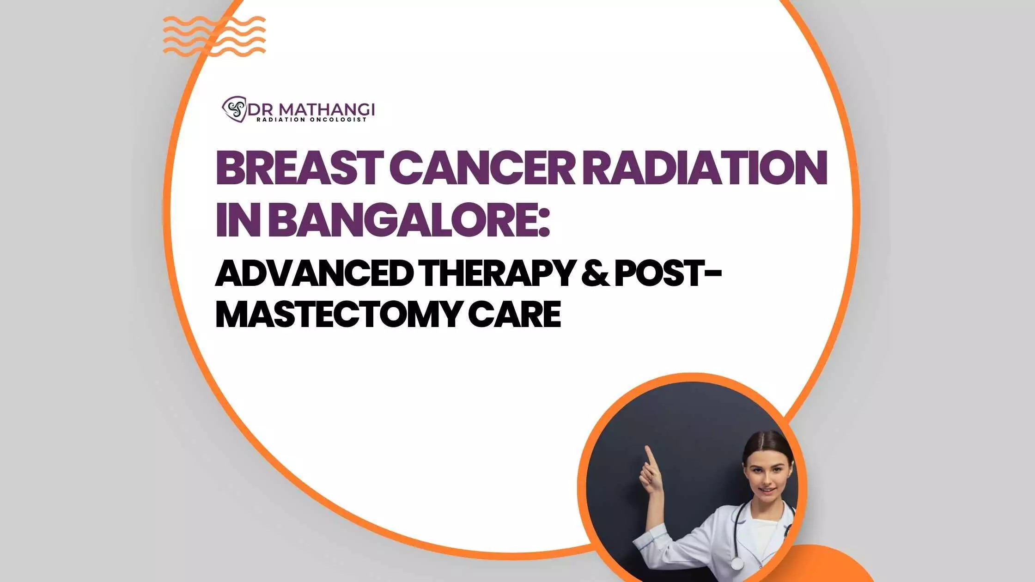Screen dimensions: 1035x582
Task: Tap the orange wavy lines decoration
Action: (x=214, y=36)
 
